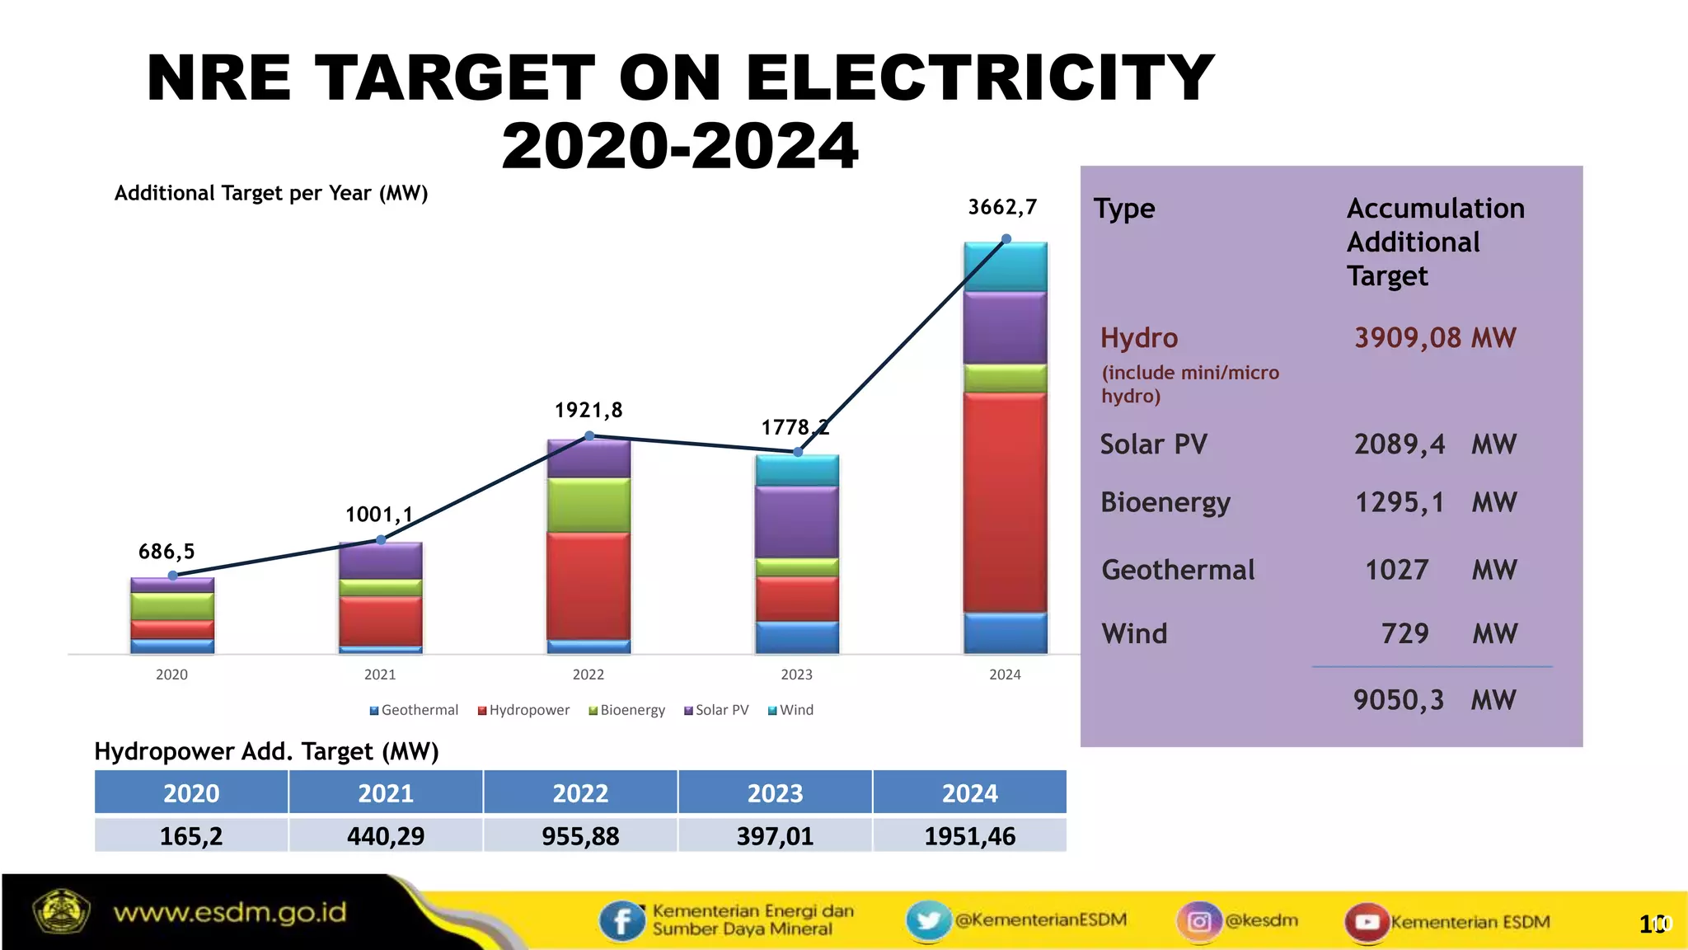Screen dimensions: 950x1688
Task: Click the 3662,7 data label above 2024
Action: [x=1001, y=207]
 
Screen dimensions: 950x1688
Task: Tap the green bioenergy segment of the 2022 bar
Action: [x=588, y=505]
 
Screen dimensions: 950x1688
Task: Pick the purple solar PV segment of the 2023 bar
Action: [x=797, y=521]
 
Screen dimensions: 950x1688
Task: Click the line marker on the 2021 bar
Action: [x=381, y=540]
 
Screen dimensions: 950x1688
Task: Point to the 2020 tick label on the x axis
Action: [x=171, y=675]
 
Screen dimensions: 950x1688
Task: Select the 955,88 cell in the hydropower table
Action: [x=580, y=836]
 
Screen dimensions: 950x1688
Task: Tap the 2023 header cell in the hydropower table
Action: [x=775, y=793]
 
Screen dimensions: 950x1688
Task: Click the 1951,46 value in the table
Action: [x=969, y=836]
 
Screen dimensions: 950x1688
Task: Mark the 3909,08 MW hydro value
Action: [x=1435, y=337]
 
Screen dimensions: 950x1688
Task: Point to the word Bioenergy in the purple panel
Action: [x=1165, y=502]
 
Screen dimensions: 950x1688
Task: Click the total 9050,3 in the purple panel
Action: [x=1399, y=700]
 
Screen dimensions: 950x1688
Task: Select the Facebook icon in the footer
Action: [x=622, y=920]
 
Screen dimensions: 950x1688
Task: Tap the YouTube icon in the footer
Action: [x=1367, y=921]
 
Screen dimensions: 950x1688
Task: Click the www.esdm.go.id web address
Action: [x=230, y=913]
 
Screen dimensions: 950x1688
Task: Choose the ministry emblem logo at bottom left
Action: [x=60, y=911]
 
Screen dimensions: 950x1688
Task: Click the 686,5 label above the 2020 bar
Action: [x=166, y=552]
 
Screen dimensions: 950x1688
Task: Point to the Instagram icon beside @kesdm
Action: [x=1199, y=920]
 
